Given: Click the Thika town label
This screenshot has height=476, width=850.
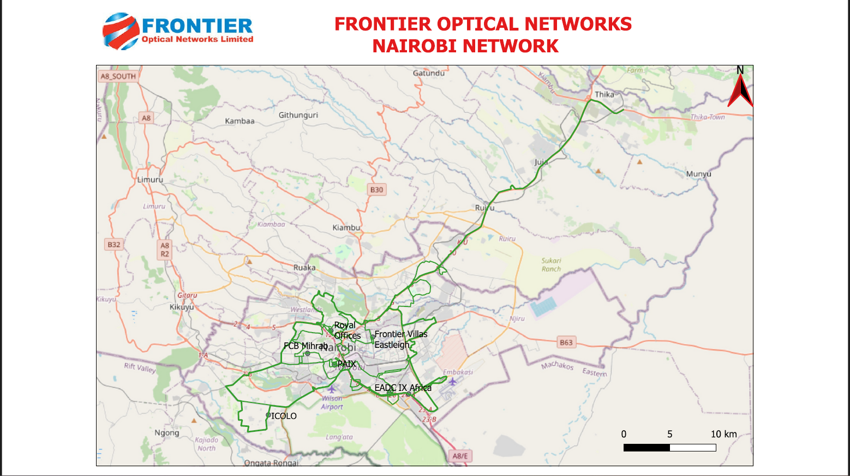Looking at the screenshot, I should coord(604,94).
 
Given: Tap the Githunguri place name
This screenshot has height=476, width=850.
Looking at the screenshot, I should coord(298,115).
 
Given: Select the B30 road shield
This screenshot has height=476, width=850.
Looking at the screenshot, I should coord(376,190).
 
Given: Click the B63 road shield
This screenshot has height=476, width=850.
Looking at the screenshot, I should coord(566,342).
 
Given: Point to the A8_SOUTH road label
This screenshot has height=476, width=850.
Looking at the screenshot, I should coord(118,76).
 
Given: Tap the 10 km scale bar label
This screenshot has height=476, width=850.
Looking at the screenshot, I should coord(723,434).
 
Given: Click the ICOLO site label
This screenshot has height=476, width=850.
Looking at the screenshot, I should coord(284,416).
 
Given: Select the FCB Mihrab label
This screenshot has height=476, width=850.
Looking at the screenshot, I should coord(306,346).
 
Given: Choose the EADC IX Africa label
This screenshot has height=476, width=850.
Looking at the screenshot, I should coord(403,388).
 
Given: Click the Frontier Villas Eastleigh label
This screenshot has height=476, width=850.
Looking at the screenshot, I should coord(400,339).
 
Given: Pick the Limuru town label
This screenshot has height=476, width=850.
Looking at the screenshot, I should coord(150,179).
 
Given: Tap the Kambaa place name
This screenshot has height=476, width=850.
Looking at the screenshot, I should coord(240,121).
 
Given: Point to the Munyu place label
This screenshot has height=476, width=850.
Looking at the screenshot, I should coord(698,174).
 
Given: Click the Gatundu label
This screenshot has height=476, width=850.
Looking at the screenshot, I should coord(428,73).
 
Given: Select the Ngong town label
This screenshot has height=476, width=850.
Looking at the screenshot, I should coord(166,433).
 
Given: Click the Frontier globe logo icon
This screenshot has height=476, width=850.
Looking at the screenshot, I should coord(121,31).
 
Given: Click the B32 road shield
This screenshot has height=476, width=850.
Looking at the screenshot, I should coord(113,245).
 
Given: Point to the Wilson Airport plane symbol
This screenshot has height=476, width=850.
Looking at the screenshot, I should coord(331,389).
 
